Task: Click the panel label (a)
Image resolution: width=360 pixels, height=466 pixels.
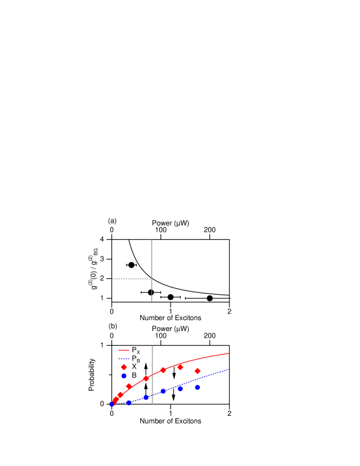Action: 112,221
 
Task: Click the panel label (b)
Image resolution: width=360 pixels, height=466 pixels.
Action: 113,326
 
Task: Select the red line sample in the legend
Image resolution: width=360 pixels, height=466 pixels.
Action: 124,350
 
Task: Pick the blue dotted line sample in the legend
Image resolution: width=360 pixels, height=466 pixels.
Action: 124,358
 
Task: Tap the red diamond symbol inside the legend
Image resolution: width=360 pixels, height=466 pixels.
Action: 124,367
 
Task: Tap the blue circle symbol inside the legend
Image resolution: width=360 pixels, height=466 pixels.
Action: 124,375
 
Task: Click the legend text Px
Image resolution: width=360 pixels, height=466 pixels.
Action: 136,350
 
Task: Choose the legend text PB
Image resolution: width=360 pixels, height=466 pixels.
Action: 136,359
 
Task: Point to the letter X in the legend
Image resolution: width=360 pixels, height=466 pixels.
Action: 134,367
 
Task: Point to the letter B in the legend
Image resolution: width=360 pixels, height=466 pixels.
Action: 134,375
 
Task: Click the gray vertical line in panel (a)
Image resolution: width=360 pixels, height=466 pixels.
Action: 152,260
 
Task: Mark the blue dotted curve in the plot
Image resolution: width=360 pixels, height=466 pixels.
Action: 212,375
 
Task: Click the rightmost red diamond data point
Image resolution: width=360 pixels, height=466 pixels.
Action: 198,371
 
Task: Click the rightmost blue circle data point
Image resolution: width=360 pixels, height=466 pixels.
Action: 198,387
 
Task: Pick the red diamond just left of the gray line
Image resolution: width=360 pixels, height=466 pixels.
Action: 146,378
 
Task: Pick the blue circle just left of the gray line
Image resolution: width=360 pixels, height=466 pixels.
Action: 146,398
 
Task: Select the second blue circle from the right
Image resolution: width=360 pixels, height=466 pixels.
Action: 180,389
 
